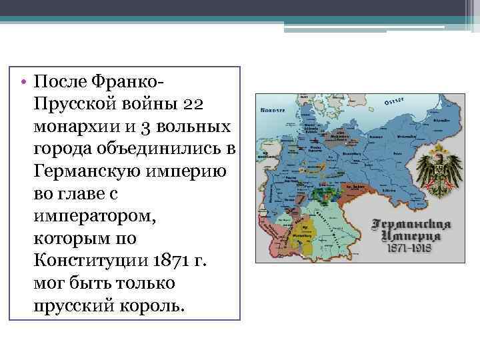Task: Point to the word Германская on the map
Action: [412, 225]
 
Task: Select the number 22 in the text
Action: [198, 104]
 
